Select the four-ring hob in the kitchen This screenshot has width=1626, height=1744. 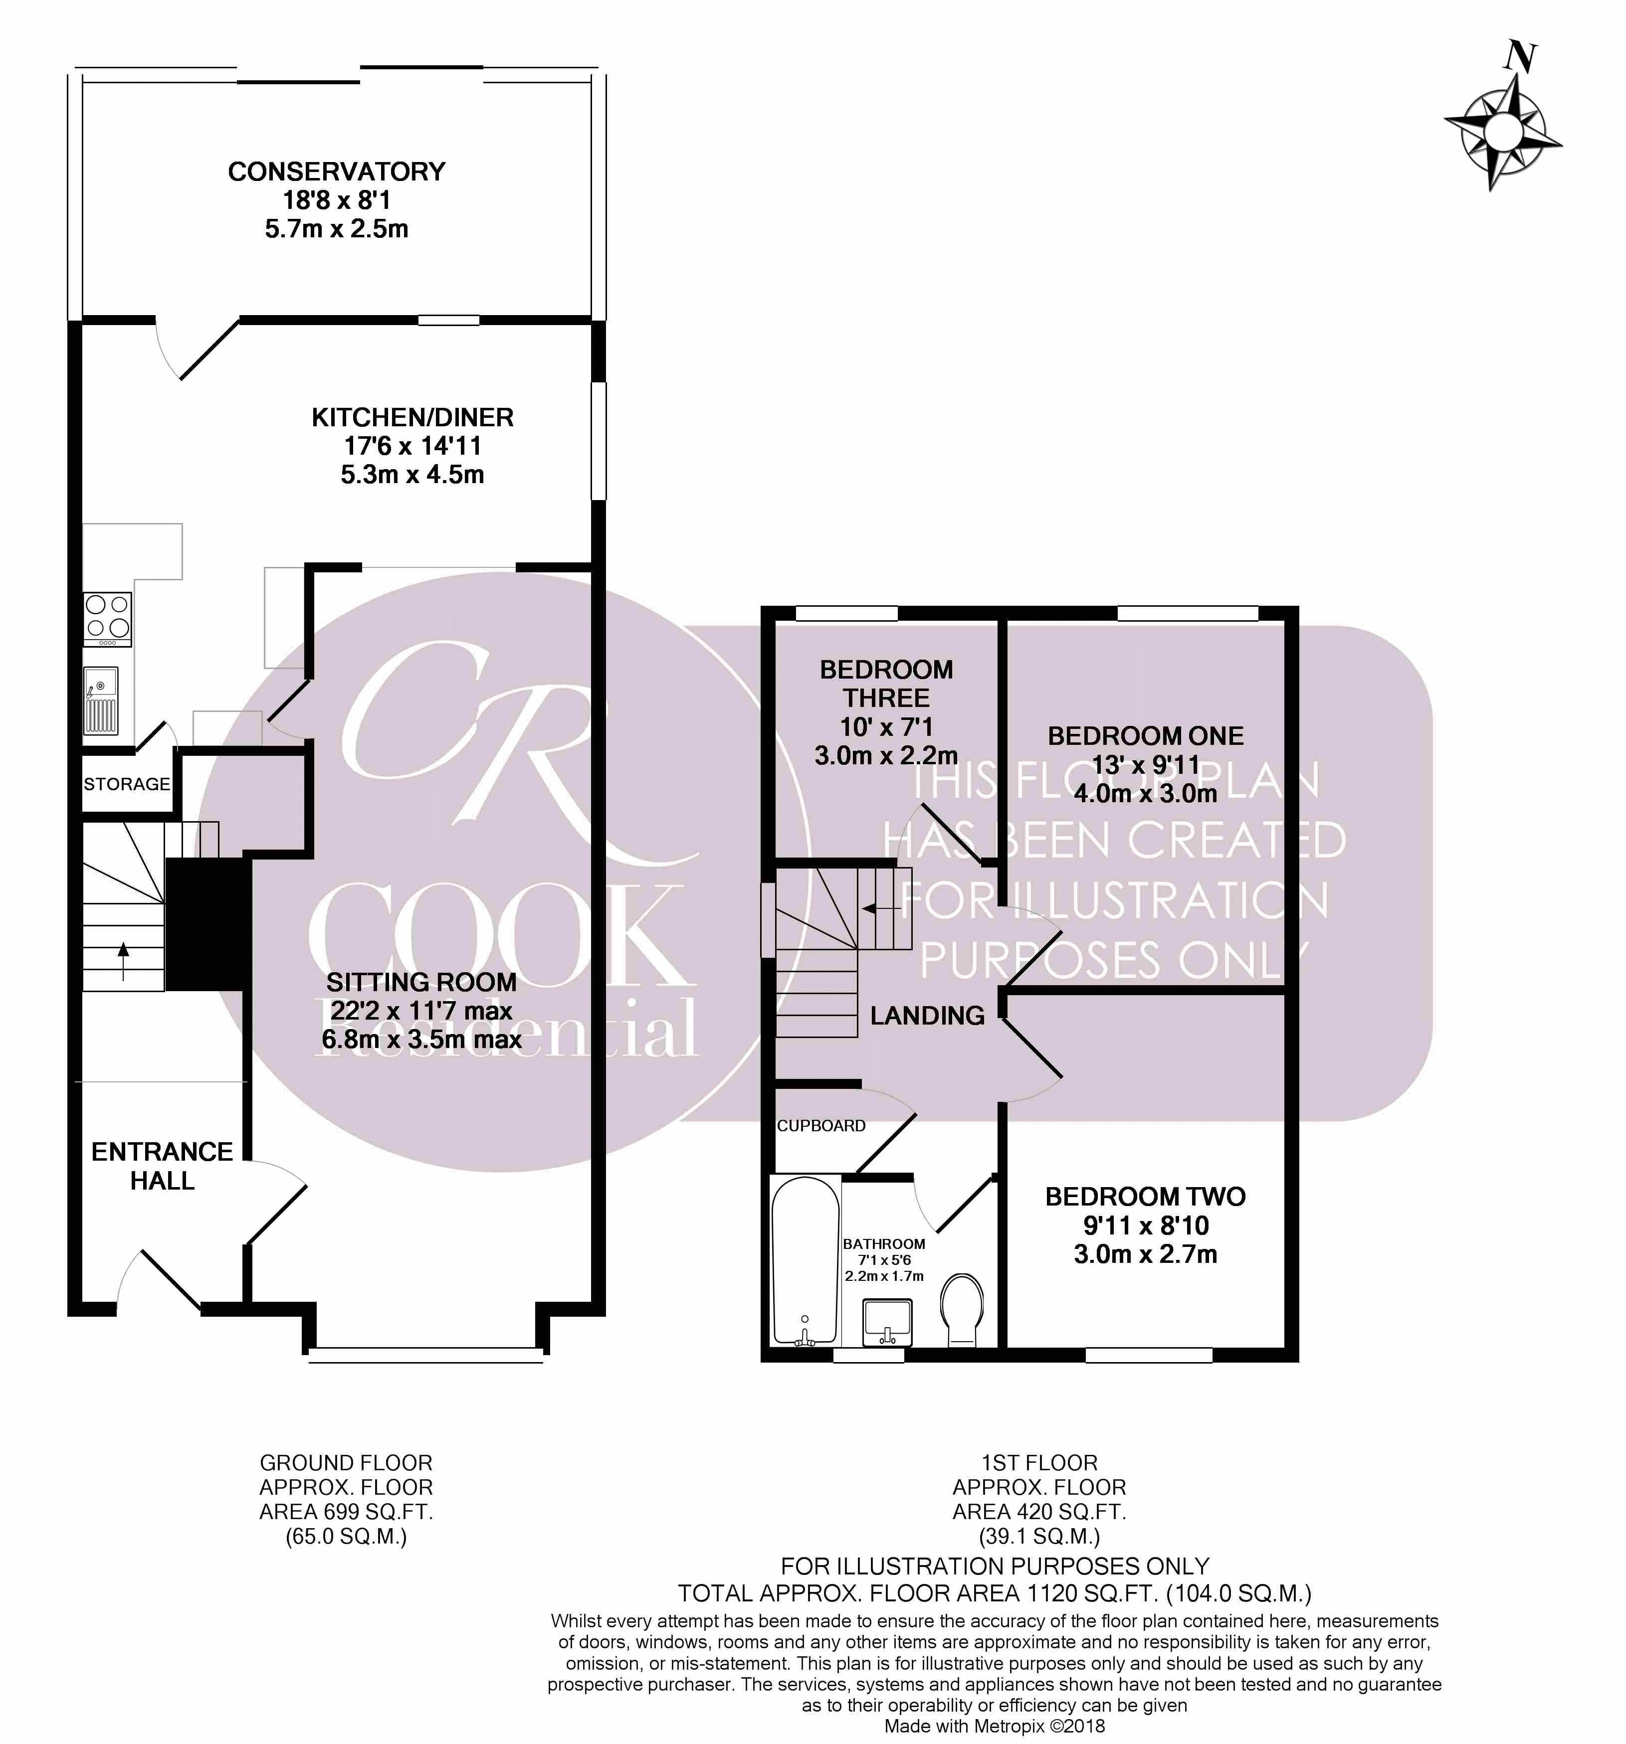[108, 619]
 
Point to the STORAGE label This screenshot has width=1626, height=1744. [127, 783]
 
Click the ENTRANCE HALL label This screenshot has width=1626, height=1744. [162, 1166]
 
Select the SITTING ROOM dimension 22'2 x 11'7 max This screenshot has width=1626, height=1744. [421, 1011]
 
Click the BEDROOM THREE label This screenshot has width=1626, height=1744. [886, 684]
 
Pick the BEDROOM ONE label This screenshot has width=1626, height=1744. [1146, 735]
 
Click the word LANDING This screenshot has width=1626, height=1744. [928, 1016]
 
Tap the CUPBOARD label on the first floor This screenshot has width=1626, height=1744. [821, 1126]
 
